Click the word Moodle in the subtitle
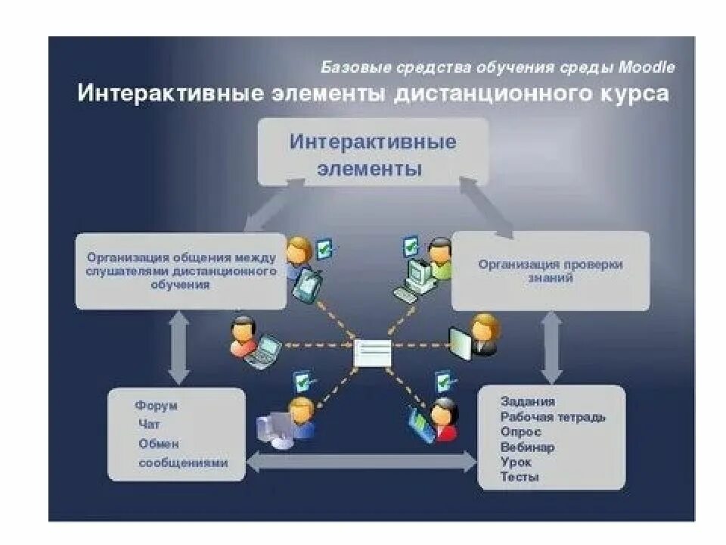pos(647,67)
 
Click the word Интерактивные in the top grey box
pos(374,142)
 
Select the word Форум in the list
pos(157,406)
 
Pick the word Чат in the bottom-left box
pos(149,425)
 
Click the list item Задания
pos(527,402)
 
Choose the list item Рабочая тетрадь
pos(553,417)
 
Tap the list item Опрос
pos(520,432)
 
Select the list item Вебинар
pos(527,447)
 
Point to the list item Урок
pos(516,462)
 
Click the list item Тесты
pos(520,477)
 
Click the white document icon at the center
pos(373,353)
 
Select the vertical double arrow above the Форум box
pos(178,348)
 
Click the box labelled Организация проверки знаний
pos(550,271)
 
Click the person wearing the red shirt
pos(442,421)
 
